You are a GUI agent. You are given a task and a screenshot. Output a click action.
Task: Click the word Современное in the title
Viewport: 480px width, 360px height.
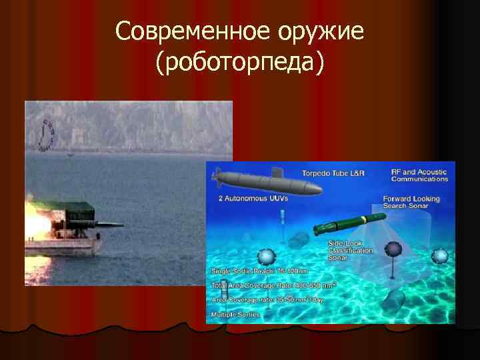point(190,31)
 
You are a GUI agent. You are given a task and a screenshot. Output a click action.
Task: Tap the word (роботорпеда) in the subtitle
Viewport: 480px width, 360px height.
point(240,63)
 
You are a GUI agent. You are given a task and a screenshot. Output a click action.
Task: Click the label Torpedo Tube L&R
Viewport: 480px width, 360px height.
point(333,173)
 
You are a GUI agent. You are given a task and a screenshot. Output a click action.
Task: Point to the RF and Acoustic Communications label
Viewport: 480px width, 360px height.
point(419,175)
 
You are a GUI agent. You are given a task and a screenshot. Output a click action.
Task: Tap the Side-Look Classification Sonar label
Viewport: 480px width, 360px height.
point(350,250)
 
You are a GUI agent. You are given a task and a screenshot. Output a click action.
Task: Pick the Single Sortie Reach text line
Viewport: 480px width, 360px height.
point(260,271)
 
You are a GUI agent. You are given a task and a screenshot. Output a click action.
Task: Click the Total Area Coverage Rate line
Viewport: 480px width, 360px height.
point(273,285)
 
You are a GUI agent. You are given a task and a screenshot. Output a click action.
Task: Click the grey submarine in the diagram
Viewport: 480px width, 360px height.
point(267,181)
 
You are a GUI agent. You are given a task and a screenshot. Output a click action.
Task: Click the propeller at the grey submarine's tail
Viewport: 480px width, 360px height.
point(215,178)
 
